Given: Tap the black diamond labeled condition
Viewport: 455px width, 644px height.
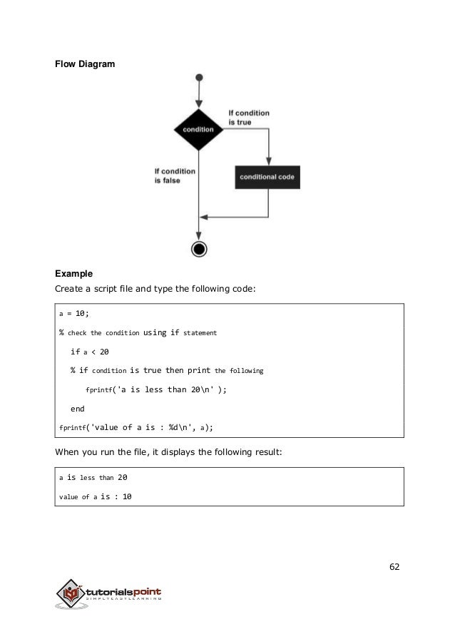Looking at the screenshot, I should (x=198, y=129).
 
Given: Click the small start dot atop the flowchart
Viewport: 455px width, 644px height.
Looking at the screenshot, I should (x=199, y=77).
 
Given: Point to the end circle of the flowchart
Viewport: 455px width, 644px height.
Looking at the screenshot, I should (x=199, y=249).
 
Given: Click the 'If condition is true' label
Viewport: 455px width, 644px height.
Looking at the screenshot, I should (x=248, y=117).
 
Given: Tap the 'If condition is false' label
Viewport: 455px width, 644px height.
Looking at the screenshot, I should (x=174, y=175).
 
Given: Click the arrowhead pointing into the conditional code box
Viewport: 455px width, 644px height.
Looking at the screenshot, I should (x=268, y=161).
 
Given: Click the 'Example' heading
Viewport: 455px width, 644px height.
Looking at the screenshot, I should (x=74, y=274).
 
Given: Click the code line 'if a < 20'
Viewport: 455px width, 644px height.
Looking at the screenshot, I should (x=90, y=352).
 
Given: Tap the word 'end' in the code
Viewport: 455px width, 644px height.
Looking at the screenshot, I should (x=77, y=409).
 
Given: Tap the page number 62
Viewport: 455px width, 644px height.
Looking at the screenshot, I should (x=394, y=567).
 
